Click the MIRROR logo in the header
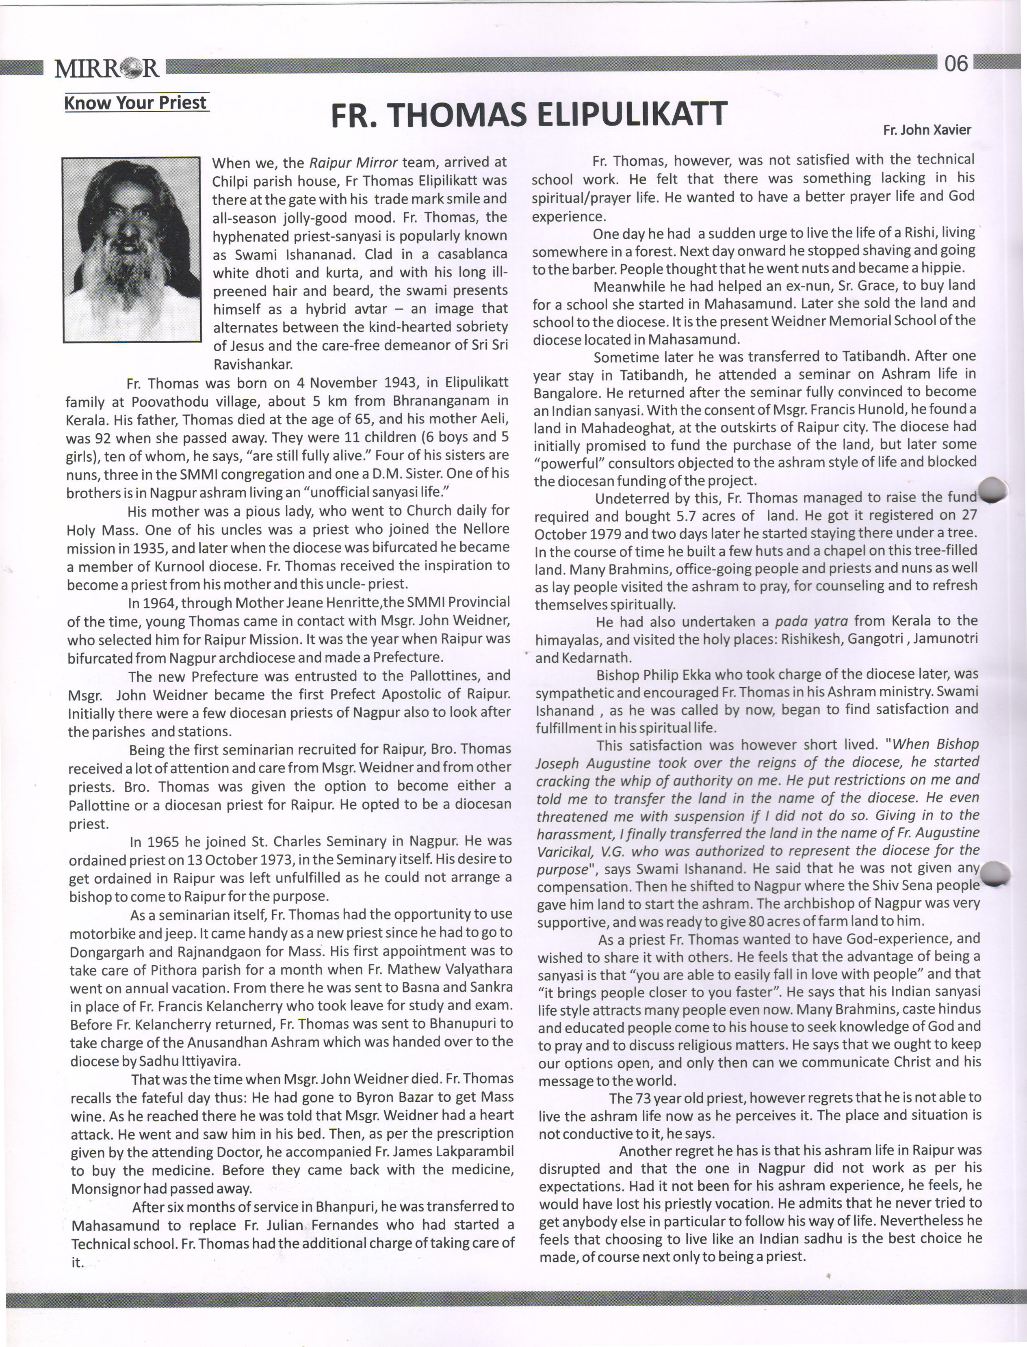pos(107,68)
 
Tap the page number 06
pos(956,64)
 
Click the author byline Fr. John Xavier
pos(927,130)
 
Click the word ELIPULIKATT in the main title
pos(631,114)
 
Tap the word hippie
pos(945,268)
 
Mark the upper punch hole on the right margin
pos(990,489)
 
